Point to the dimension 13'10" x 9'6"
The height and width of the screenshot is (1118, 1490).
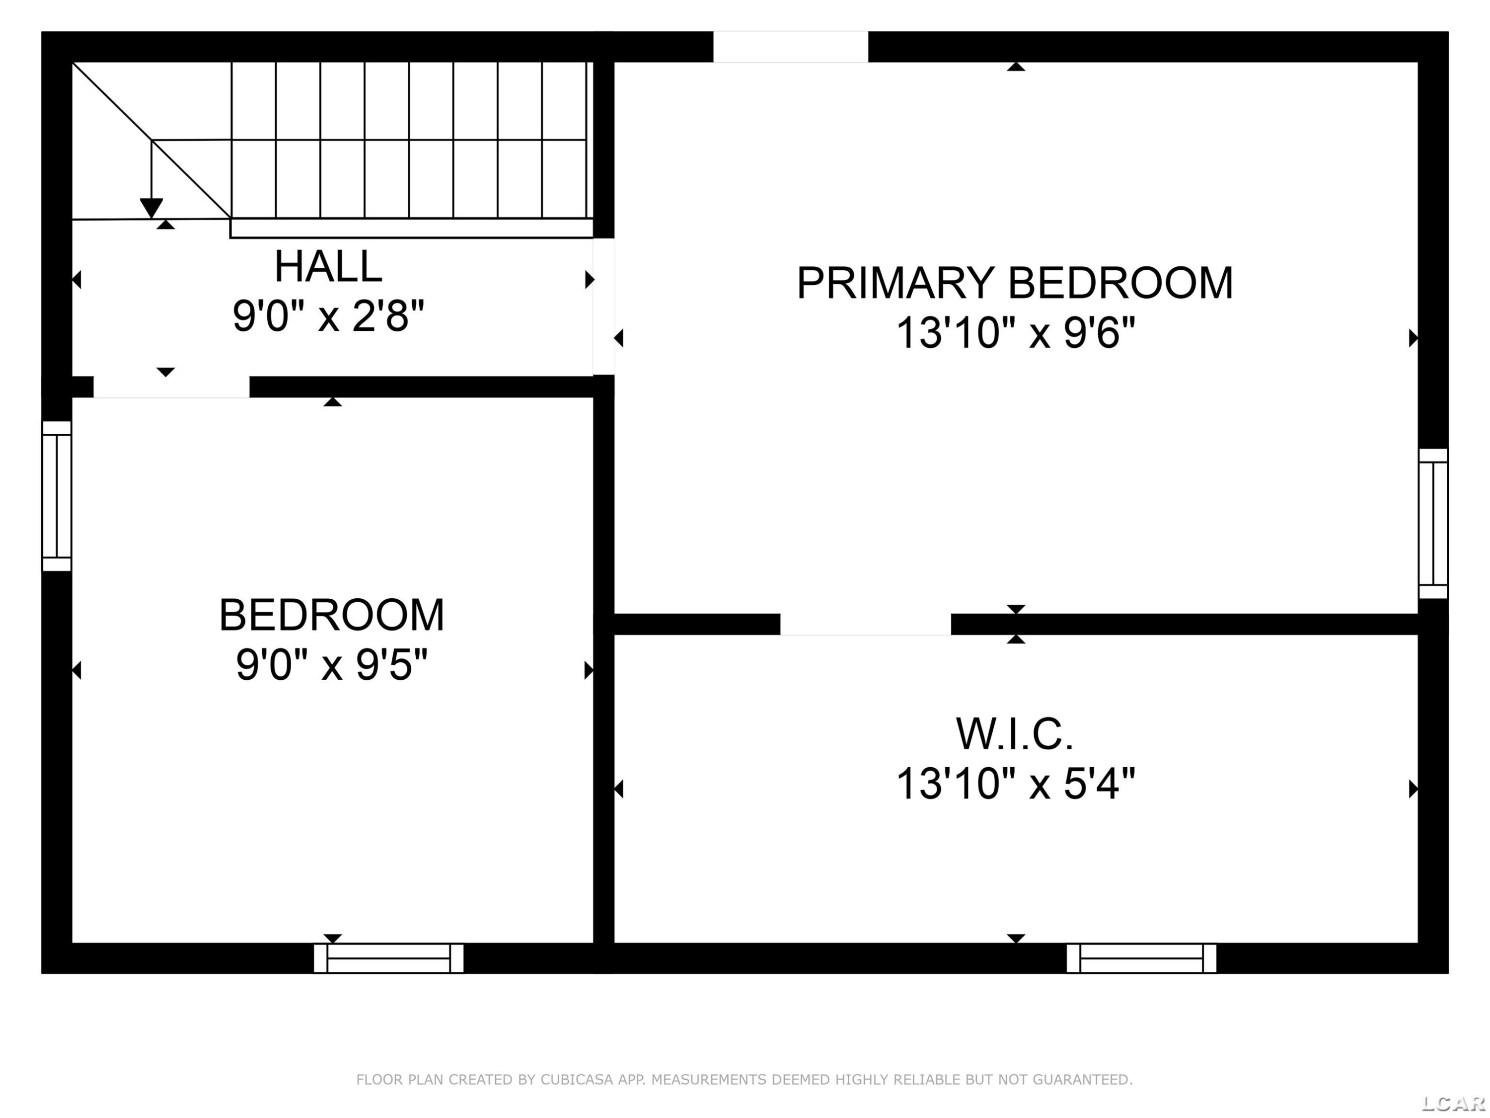coord(1015,333)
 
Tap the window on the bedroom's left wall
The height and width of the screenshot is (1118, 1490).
coord(57,496)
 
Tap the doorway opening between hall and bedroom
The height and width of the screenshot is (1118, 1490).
coord(171,387)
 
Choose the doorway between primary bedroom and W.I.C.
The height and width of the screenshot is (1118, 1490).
coord(866,624)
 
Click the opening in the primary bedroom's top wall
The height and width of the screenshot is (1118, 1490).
coord(791,47)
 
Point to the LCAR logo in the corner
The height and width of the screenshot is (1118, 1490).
coord(1454,1103)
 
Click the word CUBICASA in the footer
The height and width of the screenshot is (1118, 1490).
coord(577,1080)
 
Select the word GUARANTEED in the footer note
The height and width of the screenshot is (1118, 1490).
coord(1082,1080)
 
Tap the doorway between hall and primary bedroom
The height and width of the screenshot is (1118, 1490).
coord(603,307)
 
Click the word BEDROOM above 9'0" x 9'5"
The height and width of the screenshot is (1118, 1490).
coord(331,615)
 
